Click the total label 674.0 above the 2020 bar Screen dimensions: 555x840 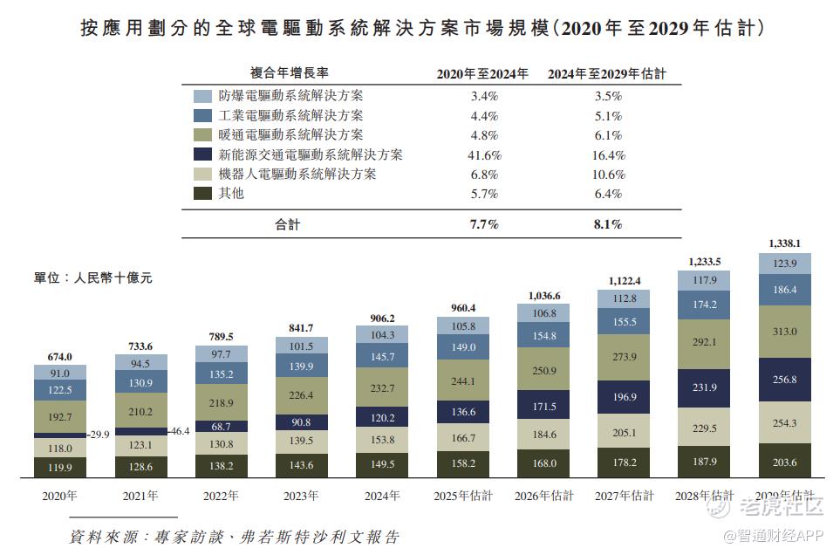(x=59, y=356)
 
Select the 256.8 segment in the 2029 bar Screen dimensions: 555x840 (x=785, y=380)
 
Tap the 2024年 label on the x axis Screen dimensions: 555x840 (x=382, y=496)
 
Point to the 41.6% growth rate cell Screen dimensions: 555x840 (x=483, y=154)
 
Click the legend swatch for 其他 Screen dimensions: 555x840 (x=202, y=193)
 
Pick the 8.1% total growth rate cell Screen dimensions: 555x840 (x=608, y=224)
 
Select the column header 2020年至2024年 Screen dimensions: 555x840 (x=482, y=74)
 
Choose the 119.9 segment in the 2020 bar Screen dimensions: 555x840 (x=59, y=467)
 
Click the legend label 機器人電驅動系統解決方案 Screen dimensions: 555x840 (x=297, y=174)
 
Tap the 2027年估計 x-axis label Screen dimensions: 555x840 (x=624, y=496)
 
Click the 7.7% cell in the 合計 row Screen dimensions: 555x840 (x=483, y=224)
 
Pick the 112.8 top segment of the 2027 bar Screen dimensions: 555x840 (x=624, y=298)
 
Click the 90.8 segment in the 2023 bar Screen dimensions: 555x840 (x=302, y=422)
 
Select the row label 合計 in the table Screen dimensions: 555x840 (x=287, y=224)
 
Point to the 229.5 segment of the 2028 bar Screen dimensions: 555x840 (x=705, y=428)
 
